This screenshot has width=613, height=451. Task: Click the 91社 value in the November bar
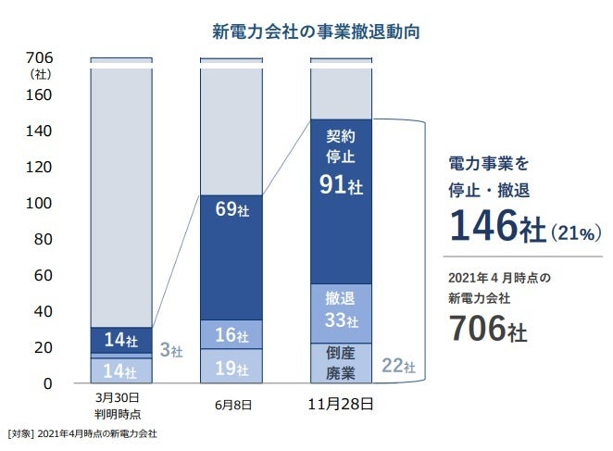tap(341, 185)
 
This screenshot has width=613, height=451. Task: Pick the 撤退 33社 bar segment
tap(341, 311)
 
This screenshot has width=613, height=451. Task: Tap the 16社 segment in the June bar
tap(231, 335)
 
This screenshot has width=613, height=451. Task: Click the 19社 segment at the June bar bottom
tap(231, 367)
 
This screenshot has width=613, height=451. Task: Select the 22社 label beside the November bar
tap(398, 368)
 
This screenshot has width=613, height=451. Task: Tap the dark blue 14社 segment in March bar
tap(121, 340)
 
